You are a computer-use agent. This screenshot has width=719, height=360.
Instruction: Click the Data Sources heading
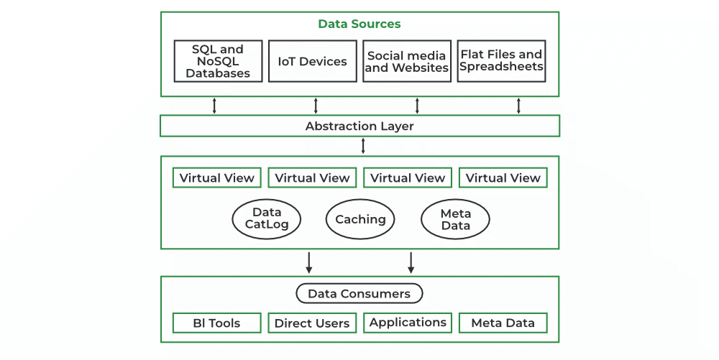click(x=359, y=24)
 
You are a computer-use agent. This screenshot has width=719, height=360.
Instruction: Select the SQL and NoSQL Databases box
click(x=218, y=61)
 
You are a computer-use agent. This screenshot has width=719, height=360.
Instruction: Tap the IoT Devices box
click(x=312, y=61)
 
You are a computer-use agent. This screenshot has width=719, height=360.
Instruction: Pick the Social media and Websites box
click(x=407, y=61)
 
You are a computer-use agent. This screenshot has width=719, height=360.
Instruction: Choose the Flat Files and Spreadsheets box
click(x=501, y=61)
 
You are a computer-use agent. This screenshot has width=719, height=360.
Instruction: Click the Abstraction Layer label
click(x=359, y=126)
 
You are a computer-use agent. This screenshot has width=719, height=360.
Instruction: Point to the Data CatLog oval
click(x=267, y=218)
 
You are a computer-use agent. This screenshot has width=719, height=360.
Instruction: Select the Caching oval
click(x=360, y=219)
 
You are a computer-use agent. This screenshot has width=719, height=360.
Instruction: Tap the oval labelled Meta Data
click(x=455, y=219)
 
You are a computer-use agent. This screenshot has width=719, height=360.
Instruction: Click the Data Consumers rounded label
click(x=359, y=293)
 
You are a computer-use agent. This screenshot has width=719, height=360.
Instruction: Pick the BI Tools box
click(x=216, y=323)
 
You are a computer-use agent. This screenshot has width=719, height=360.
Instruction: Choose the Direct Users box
click(x=312, y=323)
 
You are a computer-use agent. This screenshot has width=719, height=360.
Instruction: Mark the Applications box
click(x=408, y=323)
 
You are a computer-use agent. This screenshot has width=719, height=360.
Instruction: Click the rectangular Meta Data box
click(x=503, y=323)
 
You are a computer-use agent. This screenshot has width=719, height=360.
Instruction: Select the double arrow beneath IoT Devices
click(x=316, y=106)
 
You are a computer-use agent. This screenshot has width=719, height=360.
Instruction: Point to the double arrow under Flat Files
click(x=518, y=106)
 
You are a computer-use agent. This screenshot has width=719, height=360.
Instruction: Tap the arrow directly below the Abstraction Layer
click(x=363, y=146)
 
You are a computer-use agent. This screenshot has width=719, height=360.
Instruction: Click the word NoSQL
click(x=218, y=61)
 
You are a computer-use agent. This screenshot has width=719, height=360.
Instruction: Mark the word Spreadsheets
click(x=501, y=67)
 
